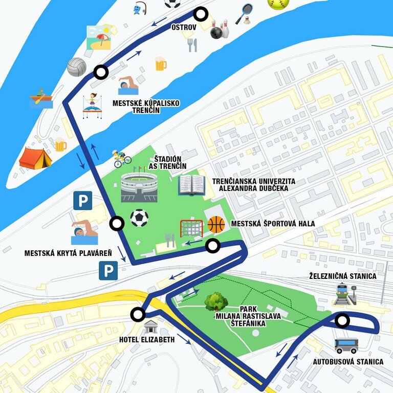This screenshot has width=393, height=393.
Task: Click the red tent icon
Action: tap(35, 158)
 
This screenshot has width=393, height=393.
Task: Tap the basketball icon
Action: tap(216, 225)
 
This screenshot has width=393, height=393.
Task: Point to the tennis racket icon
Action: tap(244, 14)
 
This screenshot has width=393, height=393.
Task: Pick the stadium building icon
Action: tap(139, 186)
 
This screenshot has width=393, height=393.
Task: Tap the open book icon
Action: tap(192, 185)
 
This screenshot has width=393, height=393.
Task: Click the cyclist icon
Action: tap(122, 159)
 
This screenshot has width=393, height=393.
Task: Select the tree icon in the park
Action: tap(216, 302)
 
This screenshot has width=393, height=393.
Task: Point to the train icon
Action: tap(342, 295)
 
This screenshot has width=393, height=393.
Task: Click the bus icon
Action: tap(346, 346)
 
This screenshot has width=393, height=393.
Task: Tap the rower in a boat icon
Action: tap(41, 98)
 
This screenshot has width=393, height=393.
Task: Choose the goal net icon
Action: tap(191, 228)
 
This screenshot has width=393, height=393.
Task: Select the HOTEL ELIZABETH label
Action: tap(147, 340)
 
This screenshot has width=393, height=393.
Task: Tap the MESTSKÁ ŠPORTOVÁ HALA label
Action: tap(273, 224)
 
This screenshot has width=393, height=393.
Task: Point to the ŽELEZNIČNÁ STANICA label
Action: tap(343, 276)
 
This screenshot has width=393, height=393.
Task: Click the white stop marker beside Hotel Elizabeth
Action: tap(138, 315)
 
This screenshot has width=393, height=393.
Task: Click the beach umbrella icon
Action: tap(99, 37)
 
